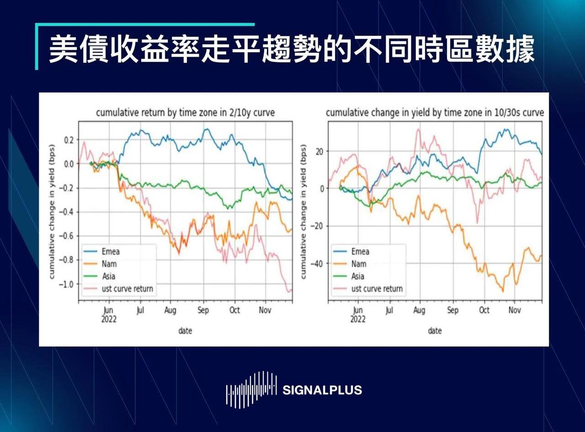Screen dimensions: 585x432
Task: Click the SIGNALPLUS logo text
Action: [x=322, y=390]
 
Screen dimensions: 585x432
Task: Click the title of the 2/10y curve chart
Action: [x=186, y=113]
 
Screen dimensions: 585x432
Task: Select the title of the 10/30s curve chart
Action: [x=435, y=113]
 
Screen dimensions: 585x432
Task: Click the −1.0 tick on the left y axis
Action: [x=67, y=284]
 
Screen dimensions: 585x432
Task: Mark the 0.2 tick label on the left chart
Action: [x=69, y=140]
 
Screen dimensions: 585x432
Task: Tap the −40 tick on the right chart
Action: [x=317, y=263]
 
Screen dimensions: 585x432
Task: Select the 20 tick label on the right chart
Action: [x=319, y=151]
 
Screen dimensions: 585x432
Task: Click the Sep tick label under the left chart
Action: [x=203, y=310]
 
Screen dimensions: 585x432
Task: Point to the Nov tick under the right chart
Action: [x=515, y=310]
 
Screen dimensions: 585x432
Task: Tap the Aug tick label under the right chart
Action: [x=419, y=310]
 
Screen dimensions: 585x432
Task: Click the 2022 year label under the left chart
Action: [x=109, y=319]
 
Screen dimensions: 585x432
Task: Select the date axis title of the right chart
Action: [x=435, y=331]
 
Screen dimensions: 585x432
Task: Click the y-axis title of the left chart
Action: [x=52, y=211]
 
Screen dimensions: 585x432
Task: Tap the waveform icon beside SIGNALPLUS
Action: [x=251, y=389]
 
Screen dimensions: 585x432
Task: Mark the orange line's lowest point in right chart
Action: [x=503, y=292]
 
